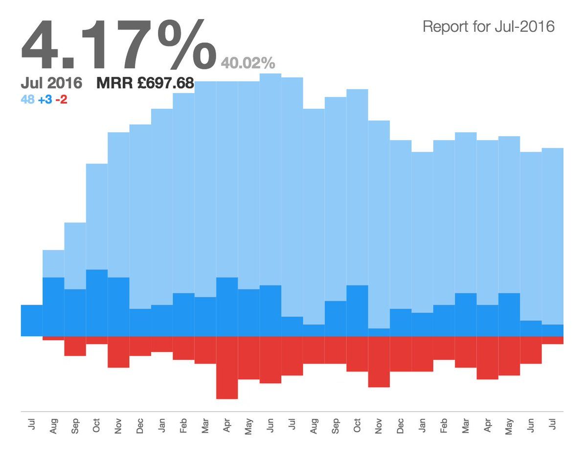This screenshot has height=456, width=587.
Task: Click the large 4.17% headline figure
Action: (x=117, y=45)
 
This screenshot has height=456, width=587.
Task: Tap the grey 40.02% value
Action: (x=248, y=64)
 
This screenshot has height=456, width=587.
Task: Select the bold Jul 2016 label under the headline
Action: (x=51, y=84)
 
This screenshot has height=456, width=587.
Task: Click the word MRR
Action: (x=114, y=84)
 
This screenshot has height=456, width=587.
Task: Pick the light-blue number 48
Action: (x=27, y=99)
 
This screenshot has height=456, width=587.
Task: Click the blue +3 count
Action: (x=45, y=99)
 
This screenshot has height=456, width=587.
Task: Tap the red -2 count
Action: (x=62, y=99)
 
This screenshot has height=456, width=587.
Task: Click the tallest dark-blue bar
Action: (x=97, y=303)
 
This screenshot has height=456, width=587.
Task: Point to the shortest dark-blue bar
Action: (x=379, y=332)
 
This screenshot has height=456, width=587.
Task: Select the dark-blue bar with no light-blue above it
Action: (x=31, y=321)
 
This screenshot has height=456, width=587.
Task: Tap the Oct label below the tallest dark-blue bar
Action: (x=97, y=426)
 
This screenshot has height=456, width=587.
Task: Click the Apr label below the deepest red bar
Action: (x=227, y=426)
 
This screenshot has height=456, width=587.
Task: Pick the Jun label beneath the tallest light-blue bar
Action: (x=271, y=426)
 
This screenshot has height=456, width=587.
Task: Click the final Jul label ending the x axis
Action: (x=553, y=426)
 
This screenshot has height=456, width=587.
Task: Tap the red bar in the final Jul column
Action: (x=553, y=340)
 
